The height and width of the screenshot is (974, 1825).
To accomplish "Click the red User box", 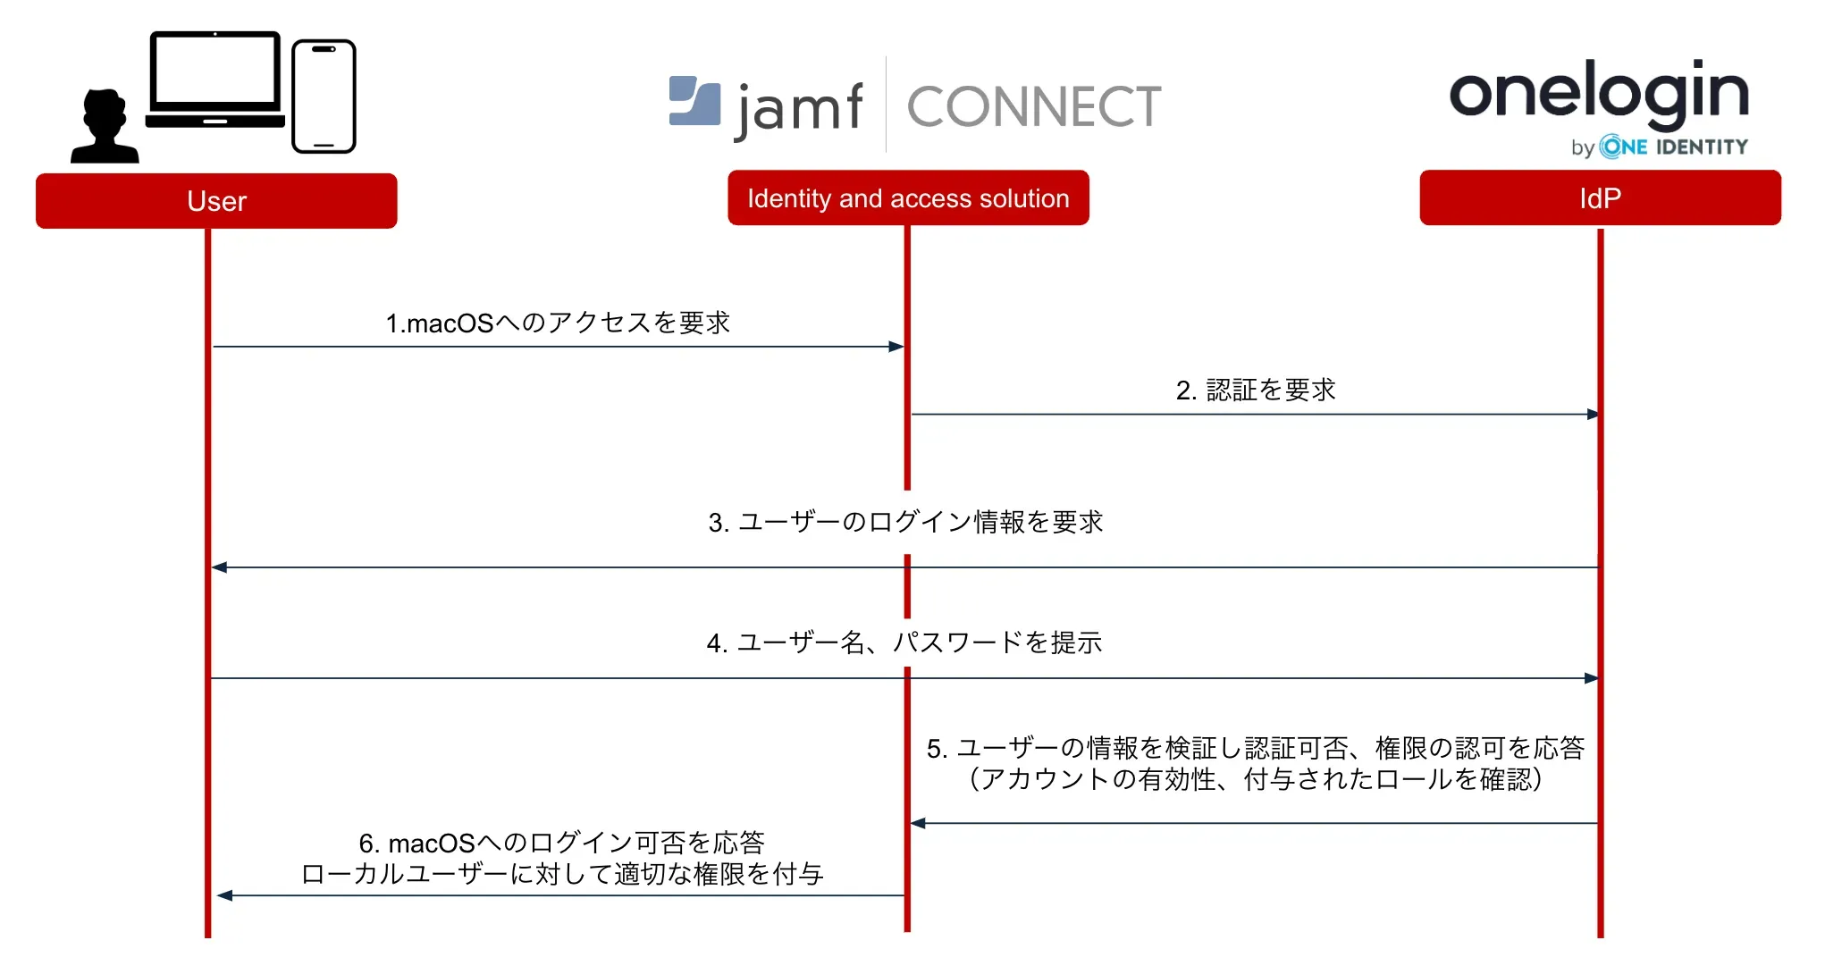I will coord(216,201).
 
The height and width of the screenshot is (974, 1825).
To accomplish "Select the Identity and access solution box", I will coord(908,198).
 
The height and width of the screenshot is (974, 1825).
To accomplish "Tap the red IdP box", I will coord(1600,198).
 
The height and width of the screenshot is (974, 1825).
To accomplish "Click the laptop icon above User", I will coord(215,80).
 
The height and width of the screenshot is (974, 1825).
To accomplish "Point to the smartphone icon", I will coord(324,97).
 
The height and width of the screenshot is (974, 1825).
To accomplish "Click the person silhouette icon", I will coord(105,127).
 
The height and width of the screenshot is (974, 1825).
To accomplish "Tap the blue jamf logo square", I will coord(694,100).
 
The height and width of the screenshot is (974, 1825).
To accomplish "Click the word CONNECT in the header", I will coord(1034,107).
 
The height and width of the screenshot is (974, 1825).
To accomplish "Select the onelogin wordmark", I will coord(1598,92).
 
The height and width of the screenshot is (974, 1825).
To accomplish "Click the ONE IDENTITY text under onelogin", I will coord(1673,147).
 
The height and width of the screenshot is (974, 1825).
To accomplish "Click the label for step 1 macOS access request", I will coord(558,323).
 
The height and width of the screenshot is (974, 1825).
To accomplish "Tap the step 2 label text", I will coord(1256,390).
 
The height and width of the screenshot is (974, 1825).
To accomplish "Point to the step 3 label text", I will coord(905,522).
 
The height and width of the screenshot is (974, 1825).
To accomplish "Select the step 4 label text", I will coord(904,642).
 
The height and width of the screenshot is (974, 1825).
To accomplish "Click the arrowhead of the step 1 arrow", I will coord(896,347).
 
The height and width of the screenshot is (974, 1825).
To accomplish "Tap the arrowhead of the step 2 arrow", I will coord(1592,415).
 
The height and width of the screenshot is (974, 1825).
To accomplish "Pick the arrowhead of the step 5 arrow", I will coord(918,823).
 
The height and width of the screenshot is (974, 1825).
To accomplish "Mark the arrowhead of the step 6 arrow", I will coord(225,895).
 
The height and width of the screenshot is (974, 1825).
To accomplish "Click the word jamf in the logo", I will coord(799,110).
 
